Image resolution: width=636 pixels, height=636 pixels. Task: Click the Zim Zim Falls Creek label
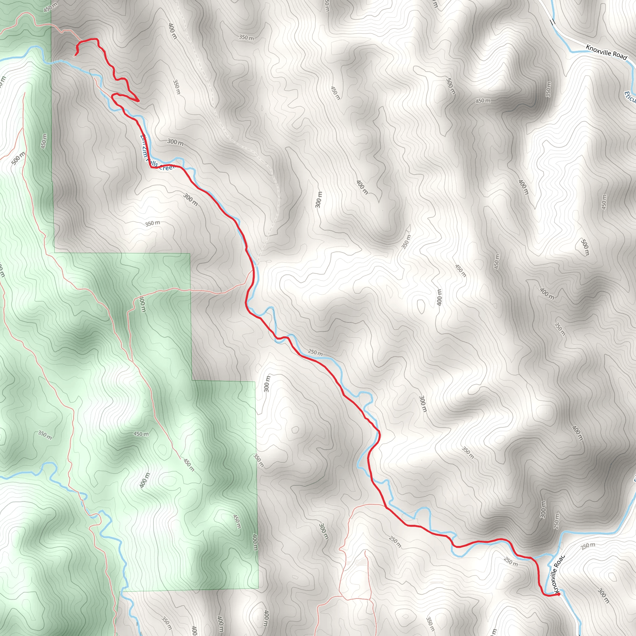[157, 155]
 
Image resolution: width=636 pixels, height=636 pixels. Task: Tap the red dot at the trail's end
[559, 594]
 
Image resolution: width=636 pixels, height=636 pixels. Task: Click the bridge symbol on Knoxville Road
[552, 22]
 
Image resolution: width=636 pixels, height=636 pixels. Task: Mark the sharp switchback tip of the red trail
[139, 101]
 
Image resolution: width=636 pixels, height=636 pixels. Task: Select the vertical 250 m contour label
[556, 521]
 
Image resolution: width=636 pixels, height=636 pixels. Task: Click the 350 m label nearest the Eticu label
[548, 89]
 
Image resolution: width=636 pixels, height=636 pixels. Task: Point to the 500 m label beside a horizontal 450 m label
[451, 86]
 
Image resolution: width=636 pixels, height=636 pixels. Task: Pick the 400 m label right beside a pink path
[143, 305]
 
